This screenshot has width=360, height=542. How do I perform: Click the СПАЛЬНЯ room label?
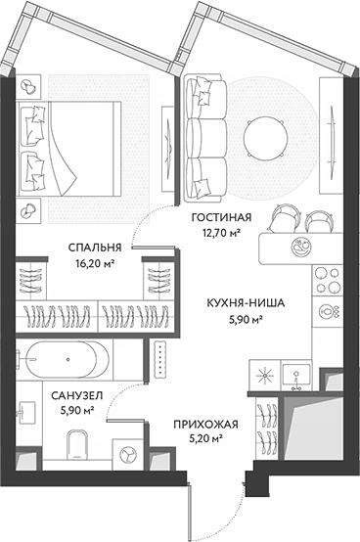click(95, 248)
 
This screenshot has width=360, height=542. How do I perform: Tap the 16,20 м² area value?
click(95, 263)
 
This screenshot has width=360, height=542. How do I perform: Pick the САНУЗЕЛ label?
click(67, 396)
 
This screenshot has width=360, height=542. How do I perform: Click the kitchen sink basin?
click(293, 373)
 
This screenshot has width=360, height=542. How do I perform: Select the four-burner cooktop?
click(326, 283)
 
